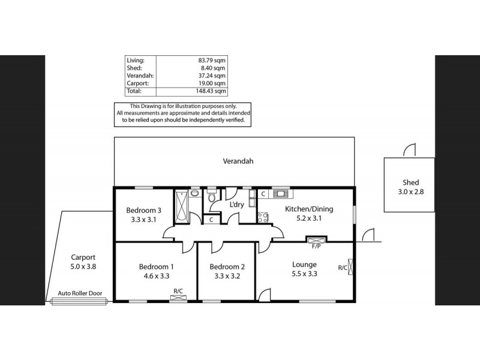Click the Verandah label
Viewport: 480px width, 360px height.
click(x=238, y=161)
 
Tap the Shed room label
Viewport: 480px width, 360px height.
click(x=410, y=182)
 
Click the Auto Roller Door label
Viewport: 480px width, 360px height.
click(x=80, y=293)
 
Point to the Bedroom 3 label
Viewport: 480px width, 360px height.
click(x=143, y=210)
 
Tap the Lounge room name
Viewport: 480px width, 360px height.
click(x=304, y=264)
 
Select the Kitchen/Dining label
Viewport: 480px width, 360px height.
click(x=308, y=209)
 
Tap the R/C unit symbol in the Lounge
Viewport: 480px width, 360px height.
click(x=350, y=268)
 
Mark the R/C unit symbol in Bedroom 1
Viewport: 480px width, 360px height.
click(x=178, y=298)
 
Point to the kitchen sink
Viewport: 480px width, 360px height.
click(x=281, y=194)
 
